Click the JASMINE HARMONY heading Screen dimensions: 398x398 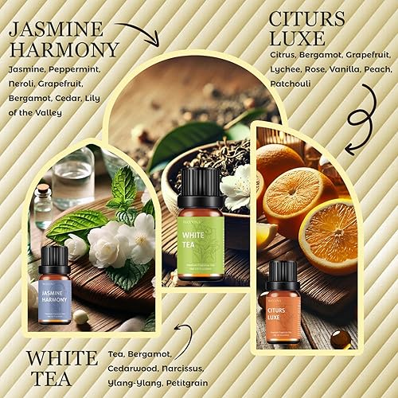(x=63, y=38)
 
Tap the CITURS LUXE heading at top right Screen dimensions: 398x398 (x=307, y=29)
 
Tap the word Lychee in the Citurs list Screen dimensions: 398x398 (x=283, y=69)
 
